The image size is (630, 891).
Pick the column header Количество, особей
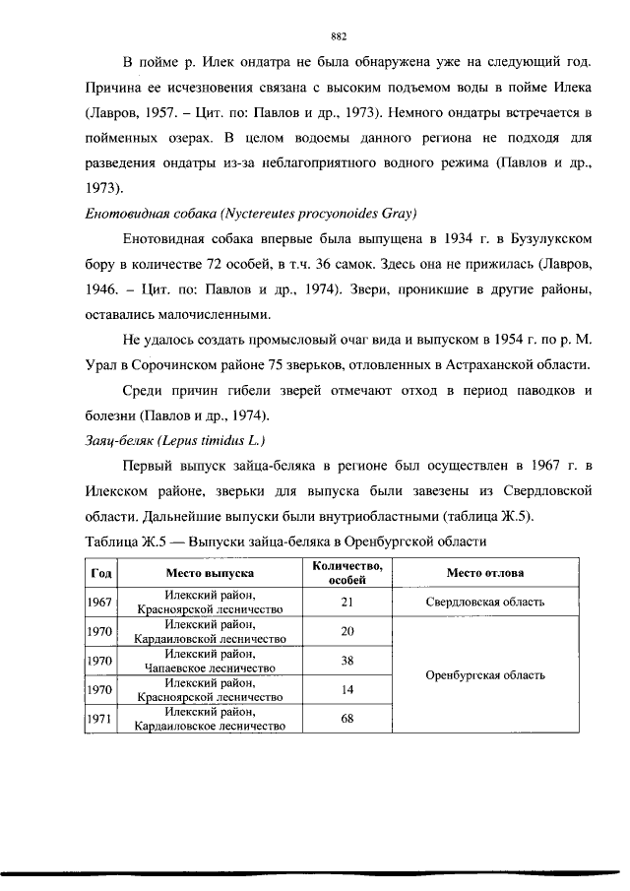click(346, 572)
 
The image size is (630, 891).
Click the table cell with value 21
click(346, 602)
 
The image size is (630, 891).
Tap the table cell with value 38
click(346, 661)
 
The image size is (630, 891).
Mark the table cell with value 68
click(346, 719)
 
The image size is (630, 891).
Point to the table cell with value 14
click(346, 690)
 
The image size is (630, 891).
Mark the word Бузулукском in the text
click(539, 239)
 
